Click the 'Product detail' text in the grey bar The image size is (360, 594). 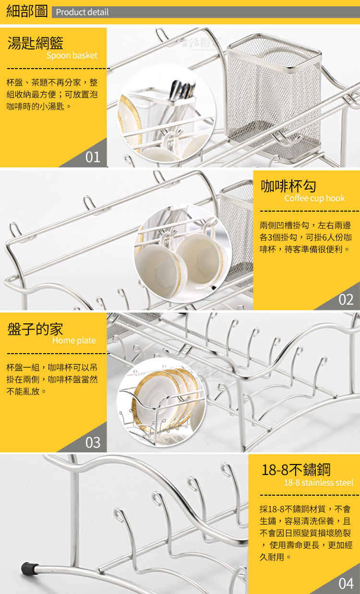82,12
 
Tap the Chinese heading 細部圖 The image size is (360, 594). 27,12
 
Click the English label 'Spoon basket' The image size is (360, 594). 72,56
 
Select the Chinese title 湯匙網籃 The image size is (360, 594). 36,43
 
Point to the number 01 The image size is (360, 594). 93,157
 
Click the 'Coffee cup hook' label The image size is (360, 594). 314,198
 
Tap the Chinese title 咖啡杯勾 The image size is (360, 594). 288,186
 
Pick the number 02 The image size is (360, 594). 346,300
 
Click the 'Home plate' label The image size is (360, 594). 74,340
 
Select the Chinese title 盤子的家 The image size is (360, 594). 35,329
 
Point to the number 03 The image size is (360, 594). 93,442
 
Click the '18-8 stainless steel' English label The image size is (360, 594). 319,482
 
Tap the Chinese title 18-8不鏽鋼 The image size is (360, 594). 296,470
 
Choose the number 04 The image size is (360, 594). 346,583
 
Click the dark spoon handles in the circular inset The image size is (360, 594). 183,90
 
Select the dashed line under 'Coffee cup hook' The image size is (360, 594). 310,211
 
